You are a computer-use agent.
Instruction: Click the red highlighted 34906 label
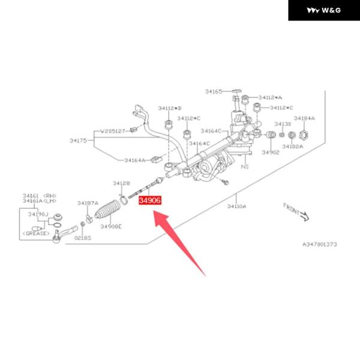point(149,201)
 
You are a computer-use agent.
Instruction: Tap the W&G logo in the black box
point(323,10)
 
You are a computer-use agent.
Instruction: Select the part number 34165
point(213,92)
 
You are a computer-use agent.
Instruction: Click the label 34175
point(79,140)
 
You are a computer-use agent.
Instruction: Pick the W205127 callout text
point(112,130)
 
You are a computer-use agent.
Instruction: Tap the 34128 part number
point(121,183)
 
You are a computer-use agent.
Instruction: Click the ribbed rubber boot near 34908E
point(109,210)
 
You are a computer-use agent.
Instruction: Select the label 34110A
point(236,206)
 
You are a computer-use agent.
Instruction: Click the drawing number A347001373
point(319,245)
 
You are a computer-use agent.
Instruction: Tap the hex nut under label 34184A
point(304,136)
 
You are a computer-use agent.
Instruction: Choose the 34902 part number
point(271,152)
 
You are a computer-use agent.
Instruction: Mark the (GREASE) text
point(35,233)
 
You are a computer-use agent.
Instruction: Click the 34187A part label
point(88,203)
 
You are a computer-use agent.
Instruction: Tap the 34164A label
point(134,160)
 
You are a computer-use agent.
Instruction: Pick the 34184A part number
point(304,119)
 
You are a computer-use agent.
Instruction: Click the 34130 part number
point(283,124)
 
